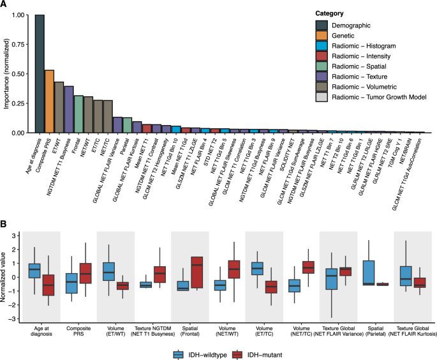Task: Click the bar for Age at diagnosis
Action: [x=40, y=73]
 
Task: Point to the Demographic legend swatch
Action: [x=325, y=25]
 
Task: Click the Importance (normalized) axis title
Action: [x=6, y=73]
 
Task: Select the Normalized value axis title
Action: [x=6, y=271]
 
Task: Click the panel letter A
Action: [x=5, y=5]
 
